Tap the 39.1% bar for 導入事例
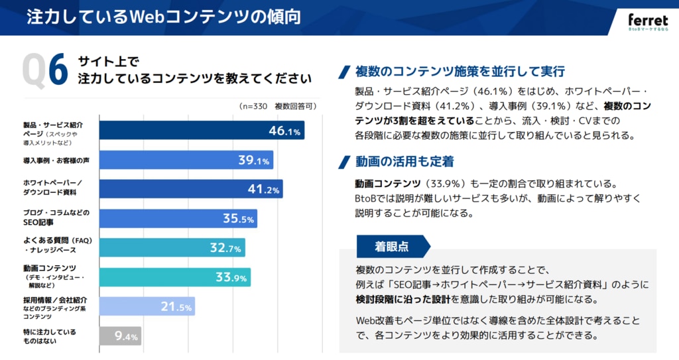pyautogui.click(x=186, y=160)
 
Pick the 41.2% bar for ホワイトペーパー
pyautogui.click(x=191, y=189)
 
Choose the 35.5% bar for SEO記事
pyautogui.click(x=178, y=218)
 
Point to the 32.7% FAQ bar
pyautogui.click(x=172, y=247)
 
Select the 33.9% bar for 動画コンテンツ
pyautogui.click(x=174, y=276)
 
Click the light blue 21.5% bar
pyautogui.click(x=147, y=306)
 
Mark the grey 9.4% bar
pyautogui.click(x=120, y=336)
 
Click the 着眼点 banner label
pyautogui.click(x=392, y=247)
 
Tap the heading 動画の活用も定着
pyautogui.click(x=404, y=162)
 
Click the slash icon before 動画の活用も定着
pyautogui.click(x=344, y=162)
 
